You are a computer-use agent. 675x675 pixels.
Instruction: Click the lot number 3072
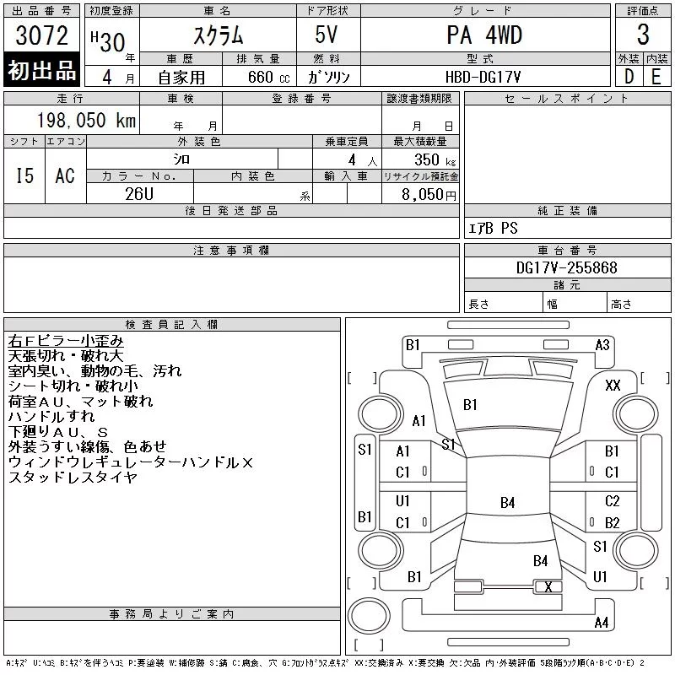pyautogui.click(x=41, y=35)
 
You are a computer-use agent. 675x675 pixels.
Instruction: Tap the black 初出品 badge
pyautogui.click(x=41, y=69)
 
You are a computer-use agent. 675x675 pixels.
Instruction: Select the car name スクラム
pyautogui.click(x=219, y=35)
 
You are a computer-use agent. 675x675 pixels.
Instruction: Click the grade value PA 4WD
pyautogui.click(x=484, y=35)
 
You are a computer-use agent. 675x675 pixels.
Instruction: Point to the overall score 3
pyautogui.click(x=643, y=35)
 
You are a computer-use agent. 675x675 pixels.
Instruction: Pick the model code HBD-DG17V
pyautogui.click(x=483, y=77)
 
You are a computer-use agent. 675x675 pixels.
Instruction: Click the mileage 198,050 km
pyautogui.click(x=86, y=120)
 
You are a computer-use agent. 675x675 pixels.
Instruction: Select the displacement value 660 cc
pyautogui.click(x=268, y=77)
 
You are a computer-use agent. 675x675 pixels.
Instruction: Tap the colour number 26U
pyautogui.click(x=139, y=194)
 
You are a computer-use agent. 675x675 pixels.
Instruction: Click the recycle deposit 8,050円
pyautogui.click(x=429, y=195)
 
